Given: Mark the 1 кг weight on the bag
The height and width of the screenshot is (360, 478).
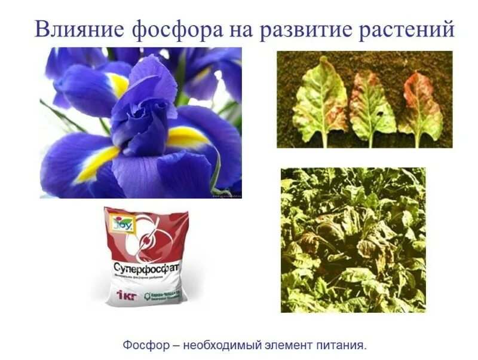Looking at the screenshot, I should pos(124,294).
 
